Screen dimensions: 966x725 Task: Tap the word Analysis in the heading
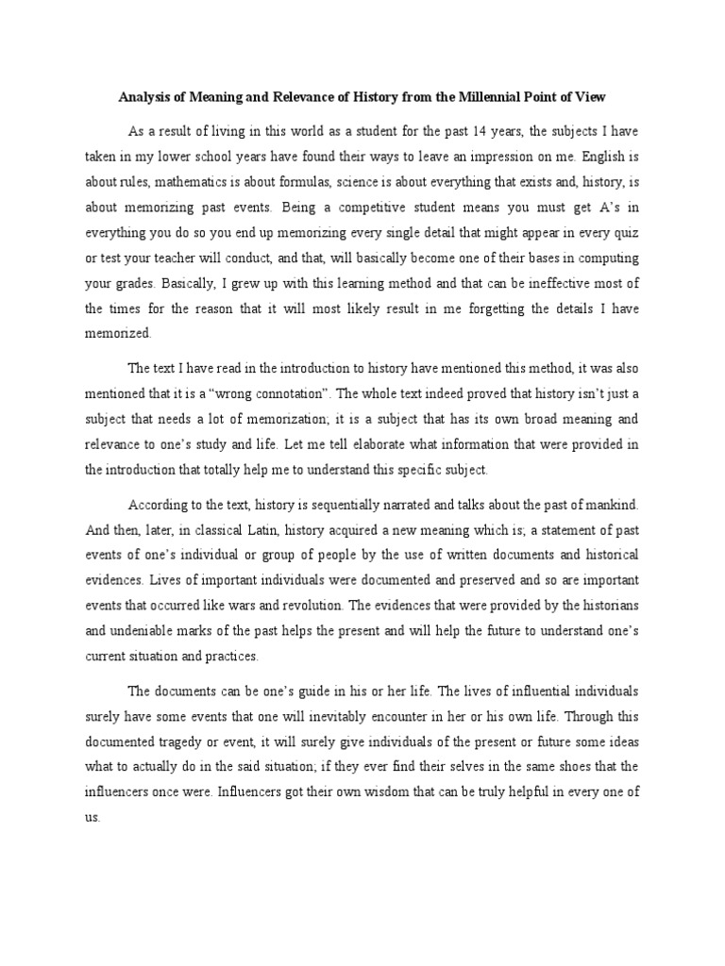coord(145,96)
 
